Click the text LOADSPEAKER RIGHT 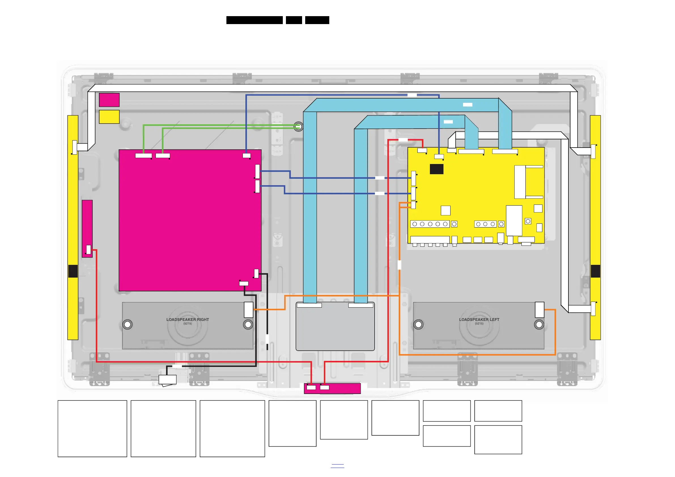[188, 320]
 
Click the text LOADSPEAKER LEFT [479, 320]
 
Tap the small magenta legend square [109, 100]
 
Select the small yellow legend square [109, 117]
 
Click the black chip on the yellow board [436, 169]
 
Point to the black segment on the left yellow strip [73, 271]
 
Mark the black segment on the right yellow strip [595, 271]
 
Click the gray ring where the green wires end [298, 127]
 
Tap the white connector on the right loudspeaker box [249, 310]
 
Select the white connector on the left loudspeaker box [540, 310]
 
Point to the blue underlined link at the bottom [337, 465]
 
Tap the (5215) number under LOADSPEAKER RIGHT [188, 323]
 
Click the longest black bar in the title [254, 20]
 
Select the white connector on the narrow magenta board [88, 250]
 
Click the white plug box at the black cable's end [167, 380]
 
